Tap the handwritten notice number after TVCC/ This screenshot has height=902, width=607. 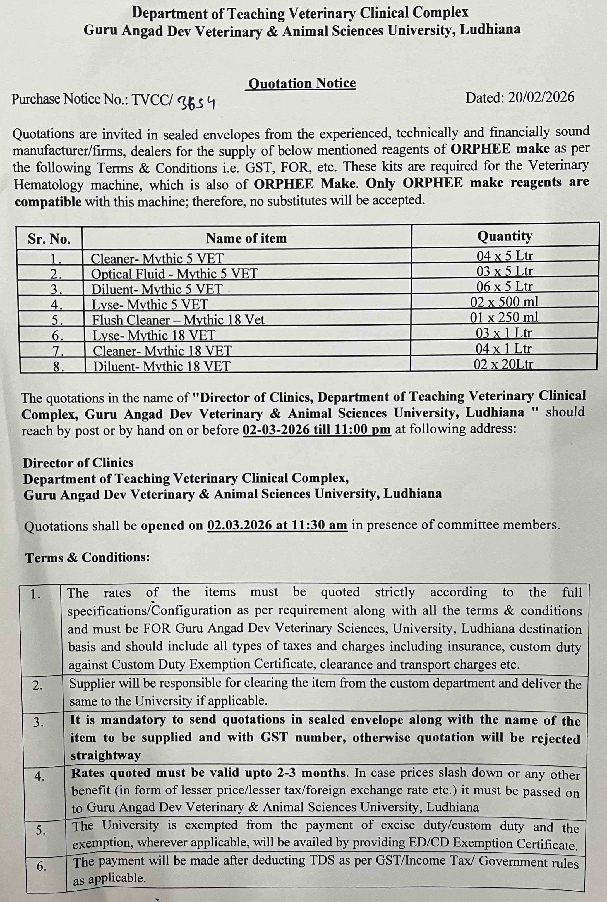pyautogui.click(x=196, y=103)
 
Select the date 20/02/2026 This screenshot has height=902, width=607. pyautogui.click(x=541, y=97)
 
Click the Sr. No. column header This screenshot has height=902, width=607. pyautogui.click(x=49, y=239)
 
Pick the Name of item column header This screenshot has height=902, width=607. pyautogui.click(x=246, y=238)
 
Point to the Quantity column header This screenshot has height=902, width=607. pyautogui.click(x=504, y=236)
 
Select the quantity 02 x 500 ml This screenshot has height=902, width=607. pyautogui.click(x=504, y=302)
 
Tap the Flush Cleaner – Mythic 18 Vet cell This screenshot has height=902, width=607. pyautogui.click(x=178, y=320)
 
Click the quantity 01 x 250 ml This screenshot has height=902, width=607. pyautogui.click(x=504, y=318)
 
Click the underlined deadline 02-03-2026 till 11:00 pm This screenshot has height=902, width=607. pyautogui.click(x=316, y=430)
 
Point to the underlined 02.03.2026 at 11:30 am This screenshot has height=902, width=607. pyautogui.click(x=277, y=526)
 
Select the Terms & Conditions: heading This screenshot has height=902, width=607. pyautogui.click(x=87, y=557)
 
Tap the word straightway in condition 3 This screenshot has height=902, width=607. pyautogui.click(x=105, y=755)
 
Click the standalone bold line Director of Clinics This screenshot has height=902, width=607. pyautogui.click(x=78, y=463)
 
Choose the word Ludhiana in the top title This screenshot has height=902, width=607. pyautogui.click(x=490, y=29)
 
